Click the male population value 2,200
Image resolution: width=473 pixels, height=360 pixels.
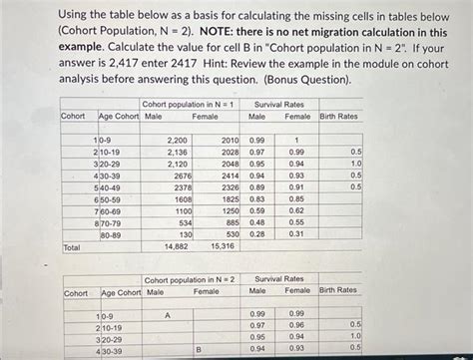click(177, 141)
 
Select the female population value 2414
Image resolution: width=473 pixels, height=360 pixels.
click(230, 176)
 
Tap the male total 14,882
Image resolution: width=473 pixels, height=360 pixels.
click(175, 245)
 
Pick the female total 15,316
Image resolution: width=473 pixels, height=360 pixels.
click(222, 245)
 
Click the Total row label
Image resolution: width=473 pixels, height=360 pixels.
click(72, 245)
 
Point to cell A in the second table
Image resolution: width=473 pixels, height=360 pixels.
click(168, 314)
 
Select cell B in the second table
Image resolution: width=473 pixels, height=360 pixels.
click(198, 349)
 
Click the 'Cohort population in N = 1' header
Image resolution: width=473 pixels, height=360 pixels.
click(189, 104)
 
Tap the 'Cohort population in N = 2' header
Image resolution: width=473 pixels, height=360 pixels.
click(189, 279)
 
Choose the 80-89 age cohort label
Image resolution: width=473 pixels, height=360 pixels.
click(111, 233)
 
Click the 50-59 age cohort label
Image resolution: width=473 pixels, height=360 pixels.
click(111, 198)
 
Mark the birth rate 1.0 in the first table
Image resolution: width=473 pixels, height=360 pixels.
click(355, 164)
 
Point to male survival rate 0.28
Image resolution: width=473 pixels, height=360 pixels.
click(257, 233)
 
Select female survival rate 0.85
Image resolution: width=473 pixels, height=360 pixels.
click(296, 198)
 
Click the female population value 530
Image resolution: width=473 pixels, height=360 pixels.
click(232, 233)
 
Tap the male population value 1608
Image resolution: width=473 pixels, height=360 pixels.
click(182, 198)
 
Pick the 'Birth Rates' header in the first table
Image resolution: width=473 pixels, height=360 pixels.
click(338, 117)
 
